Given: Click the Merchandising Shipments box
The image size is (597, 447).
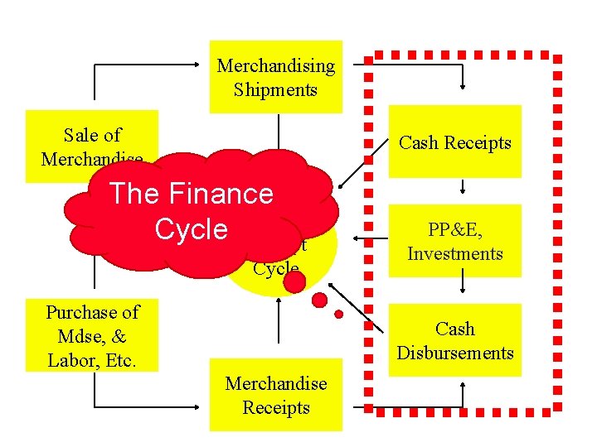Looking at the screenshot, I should pos(275,77).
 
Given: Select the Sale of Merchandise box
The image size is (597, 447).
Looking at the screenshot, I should pos(91,137).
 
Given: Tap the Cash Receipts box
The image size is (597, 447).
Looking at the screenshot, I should pos(455,142).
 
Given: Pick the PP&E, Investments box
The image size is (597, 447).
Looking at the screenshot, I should pos(455,242).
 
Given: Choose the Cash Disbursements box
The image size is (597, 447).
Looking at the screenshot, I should pos(455,340).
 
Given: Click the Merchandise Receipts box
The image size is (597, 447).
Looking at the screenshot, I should pos(275,396).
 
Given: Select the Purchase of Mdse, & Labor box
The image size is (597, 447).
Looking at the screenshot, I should pos(91,336).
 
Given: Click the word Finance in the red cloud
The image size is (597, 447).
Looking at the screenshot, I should pos(222,194).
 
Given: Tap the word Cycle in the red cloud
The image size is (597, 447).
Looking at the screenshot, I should pos(191,228).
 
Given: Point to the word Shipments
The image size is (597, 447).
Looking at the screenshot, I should pos(275,89).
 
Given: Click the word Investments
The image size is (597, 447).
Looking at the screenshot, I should pos(455,254).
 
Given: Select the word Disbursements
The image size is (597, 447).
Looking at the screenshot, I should pos(455,353).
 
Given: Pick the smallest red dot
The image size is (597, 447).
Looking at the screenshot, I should pos(338,314).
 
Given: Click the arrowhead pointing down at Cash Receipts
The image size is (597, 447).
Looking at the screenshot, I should pos(462,84).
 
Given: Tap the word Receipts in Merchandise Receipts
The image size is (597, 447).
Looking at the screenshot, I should pos(275,407).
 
